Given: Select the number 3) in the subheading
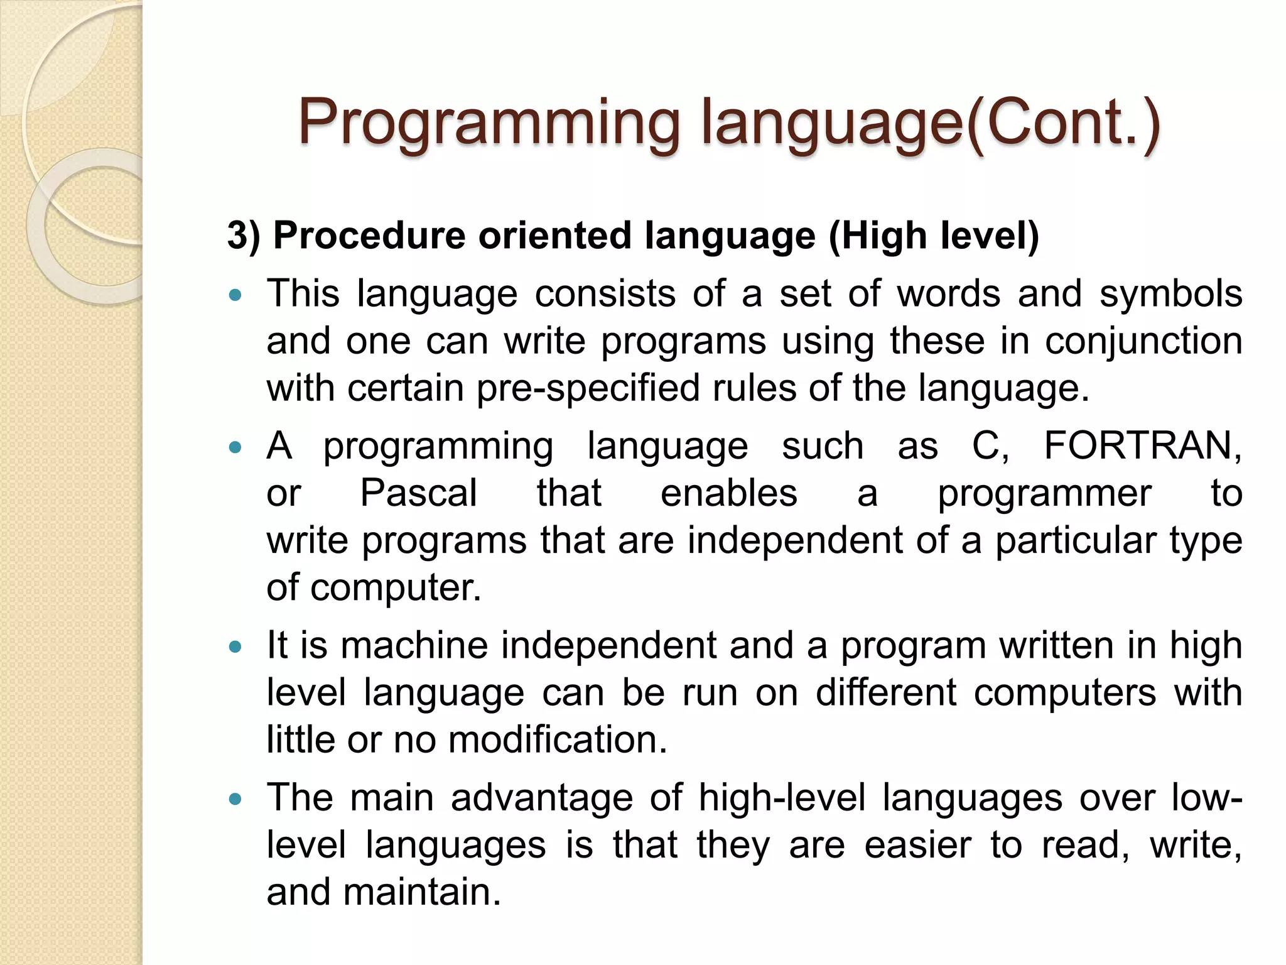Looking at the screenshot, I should pyautogui.click(x=244, y=236).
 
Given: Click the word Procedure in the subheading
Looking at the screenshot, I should pyautogui.click(x=369, y=236).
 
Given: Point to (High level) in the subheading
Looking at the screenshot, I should pyautogui.click(x=934, y=236).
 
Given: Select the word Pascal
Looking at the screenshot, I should pyautogui.click(x=418, y=493).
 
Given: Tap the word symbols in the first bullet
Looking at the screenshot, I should pyautogui.click(x=1170, y=294).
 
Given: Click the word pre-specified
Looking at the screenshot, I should pyautogui.click(x=588, y=388).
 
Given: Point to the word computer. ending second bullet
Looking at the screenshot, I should pyautogui.click(x=396, y=588).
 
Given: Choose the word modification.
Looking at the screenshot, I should pyautogui.click(x=558, y=739).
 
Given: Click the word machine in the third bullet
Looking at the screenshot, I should pyautogui.click(x=414, y=646).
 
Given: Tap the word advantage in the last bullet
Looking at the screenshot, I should pyautogui.click(x=541, y=798).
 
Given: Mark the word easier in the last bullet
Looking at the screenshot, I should pyautogui.click(x=917, y=845).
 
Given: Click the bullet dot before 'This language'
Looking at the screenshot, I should pyautogui.click(x=235, y=295).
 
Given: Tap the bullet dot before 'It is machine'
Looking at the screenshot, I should pyautogui.click(x=235, y=646).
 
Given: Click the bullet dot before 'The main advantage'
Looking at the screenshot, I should pyautogui.click(x=235, y=799).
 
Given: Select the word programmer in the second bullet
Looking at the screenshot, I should pyautogui.click(x=1044, y=493).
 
